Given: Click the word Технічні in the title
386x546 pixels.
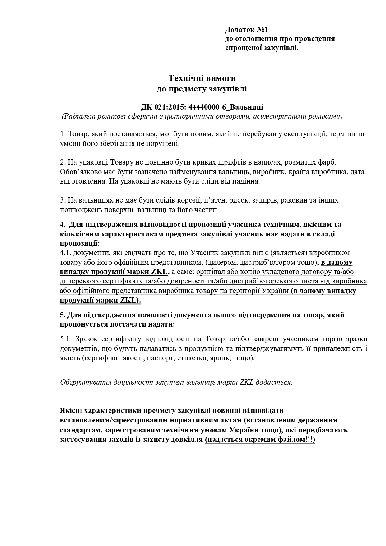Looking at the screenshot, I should (x=186, y=77).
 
